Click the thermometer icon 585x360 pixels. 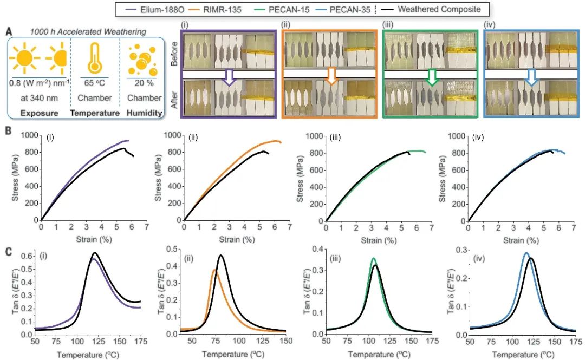coord(95,58)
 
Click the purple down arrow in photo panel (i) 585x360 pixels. coord(230,77)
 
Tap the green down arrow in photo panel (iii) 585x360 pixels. coord(432,77)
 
